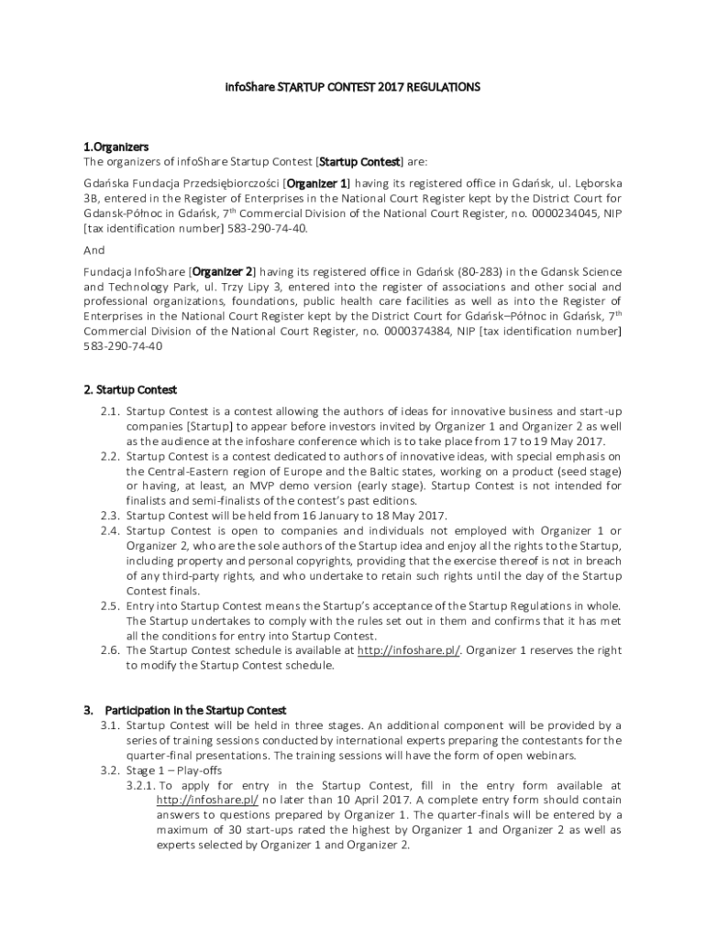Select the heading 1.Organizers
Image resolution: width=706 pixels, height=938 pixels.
point(116,147)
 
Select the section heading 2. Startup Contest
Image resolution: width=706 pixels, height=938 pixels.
point(130,390)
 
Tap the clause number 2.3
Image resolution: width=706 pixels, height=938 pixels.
point(110,515)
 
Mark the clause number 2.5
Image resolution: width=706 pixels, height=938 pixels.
point(110,605)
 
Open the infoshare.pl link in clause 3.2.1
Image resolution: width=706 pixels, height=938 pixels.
point(207,800)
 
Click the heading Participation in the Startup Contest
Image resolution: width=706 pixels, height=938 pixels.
point(195,710)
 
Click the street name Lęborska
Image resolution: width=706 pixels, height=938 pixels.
point(592,182)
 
